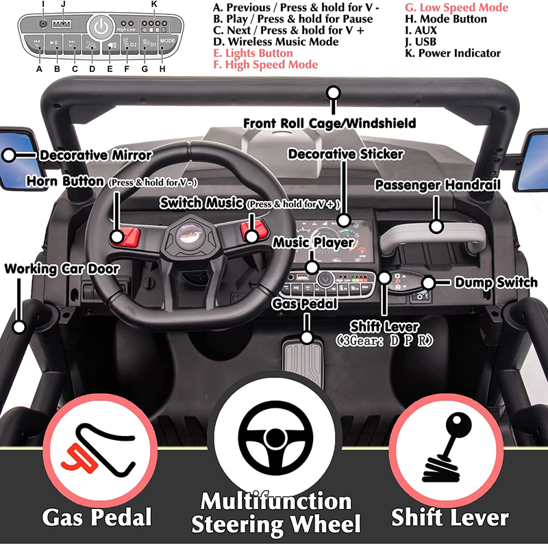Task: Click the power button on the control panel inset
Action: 101,29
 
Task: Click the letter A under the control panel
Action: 39,68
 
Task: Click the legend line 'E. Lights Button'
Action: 253,53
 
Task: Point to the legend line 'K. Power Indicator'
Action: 453,53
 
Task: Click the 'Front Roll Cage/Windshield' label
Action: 329,123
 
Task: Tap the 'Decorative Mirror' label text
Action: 96,155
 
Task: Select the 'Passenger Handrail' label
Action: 438,184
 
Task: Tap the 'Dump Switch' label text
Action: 486,282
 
